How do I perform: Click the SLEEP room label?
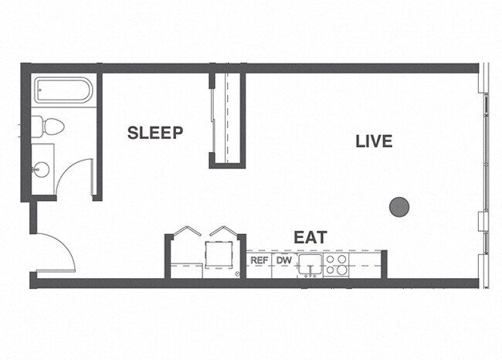[x=155, y=133]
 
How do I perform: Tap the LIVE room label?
[x=374, y=141]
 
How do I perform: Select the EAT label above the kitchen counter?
[x=310, y=237]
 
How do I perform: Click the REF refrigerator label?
[x=259, y=261]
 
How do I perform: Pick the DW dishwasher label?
[x=283, y=261]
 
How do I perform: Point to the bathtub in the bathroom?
[x=64, y=91]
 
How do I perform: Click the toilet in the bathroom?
[x=53, y=126]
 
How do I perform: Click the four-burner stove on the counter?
[x=336, y=265]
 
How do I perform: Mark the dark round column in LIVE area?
[x=399, y=206]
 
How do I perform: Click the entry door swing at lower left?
[x=56, y=251]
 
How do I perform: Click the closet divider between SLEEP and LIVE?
[x=227, y=119]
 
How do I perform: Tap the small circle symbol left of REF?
[x=236, y=274]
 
